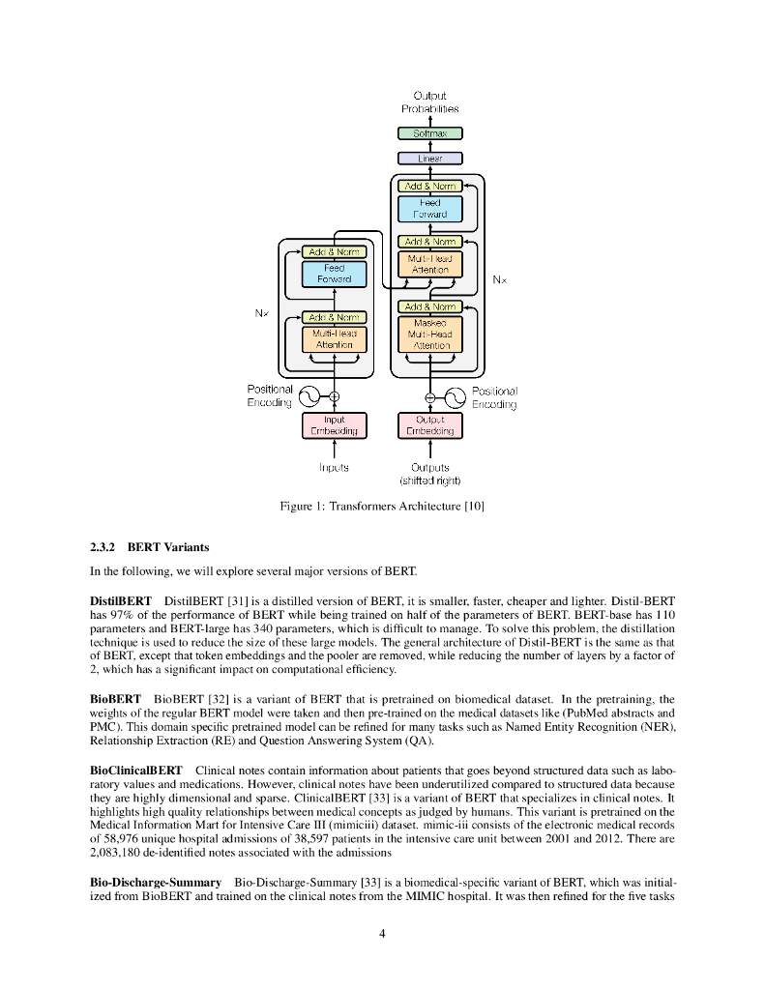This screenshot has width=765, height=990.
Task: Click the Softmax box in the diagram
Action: click(430, 133)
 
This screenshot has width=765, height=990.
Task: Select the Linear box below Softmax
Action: click(430, 158)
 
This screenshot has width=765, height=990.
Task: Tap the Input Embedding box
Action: click(334, 425)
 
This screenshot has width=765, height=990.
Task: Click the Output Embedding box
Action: click(429, 425)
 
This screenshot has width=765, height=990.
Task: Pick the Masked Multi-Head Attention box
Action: click(430, 333)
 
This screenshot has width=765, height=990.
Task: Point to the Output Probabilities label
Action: click(430, 102)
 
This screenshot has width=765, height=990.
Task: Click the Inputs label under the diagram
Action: click(334, 467)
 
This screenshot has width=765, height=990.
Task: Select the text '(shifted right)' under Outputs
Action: click(430, 480)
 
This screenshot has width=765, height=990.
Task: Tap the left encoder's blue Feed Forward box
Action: click(334, 274)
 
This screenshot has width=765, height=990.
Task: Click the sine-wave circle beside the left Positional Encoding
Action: click(309, 396)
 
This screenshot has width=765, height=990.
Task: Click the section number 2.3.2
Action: click(103, 547)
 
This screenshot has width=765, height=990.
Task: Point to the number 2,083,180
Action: click(119, 854)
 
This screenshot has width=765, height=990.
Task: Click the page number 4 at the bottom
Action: click(383, 933)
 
